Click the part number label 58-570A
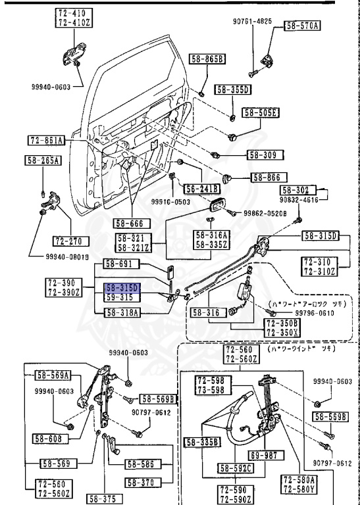point(302,26)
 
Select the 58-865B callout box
point(208,59)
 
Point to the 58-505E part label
point(261,112)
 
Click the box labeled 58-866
point(265,177)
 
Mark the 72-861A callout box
point(46,140)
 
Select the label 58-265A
point(43,160)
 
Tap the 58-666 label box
point(130,223)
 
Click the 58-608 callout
point(48,438)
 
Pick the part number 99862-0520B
point(267,213)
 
